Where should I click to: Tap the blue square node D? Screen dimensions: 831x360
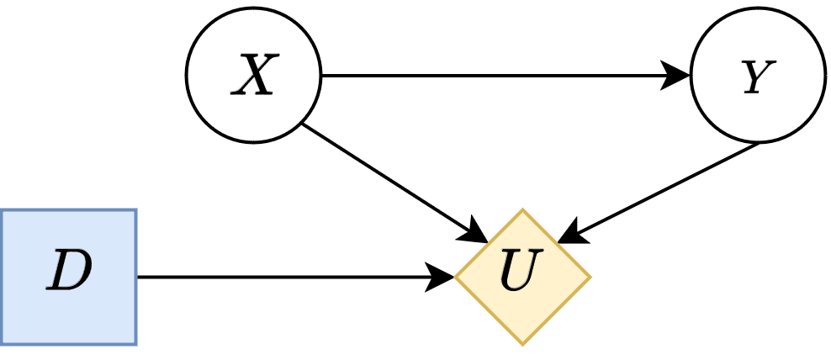68,277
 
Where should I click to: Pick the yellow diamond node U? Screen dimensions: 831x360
522,277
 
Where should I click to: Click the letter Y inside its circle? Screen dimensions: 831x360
756,78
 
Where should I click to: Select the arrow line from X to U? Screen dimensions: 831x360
387,177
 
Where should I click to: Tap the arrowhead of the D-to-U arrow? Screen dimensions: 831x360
442,277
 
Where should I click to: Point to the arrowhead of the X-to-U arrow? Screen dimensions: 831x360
476,228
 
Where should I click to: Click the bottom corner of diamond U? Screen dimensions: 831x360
522,343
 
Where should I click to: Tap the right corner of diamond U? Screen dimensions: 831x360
590,277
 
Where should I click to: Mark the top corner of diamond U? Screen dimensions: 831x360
522,210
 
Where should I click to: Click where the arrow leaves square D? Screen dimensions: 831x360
138,277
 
